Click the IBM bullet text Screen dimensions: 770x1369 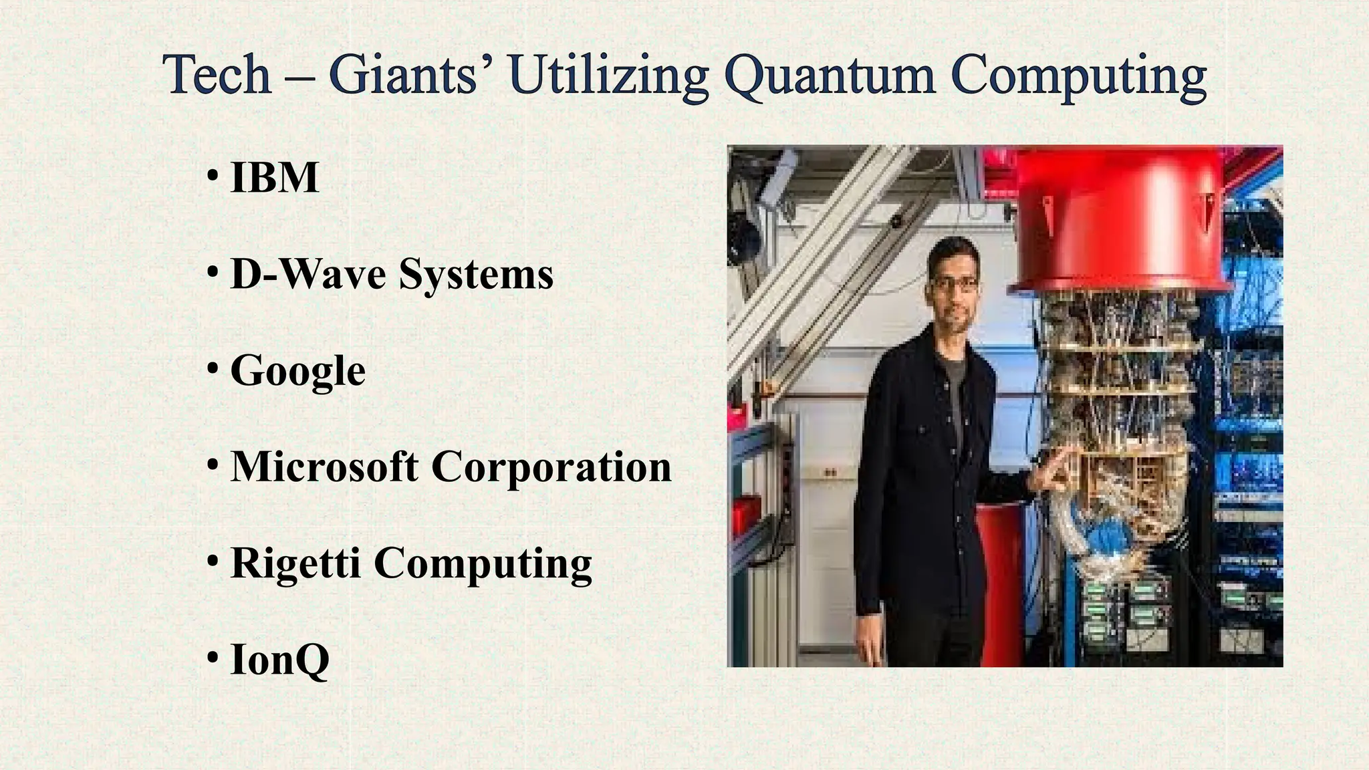click(x=274, y=178)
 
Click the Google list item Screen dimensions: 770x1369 click(x=297, y=371)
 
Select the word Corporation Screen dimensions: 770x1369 click(x=551, y=467)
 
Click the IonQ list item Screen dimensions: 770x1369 click(x=279, y=660)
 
